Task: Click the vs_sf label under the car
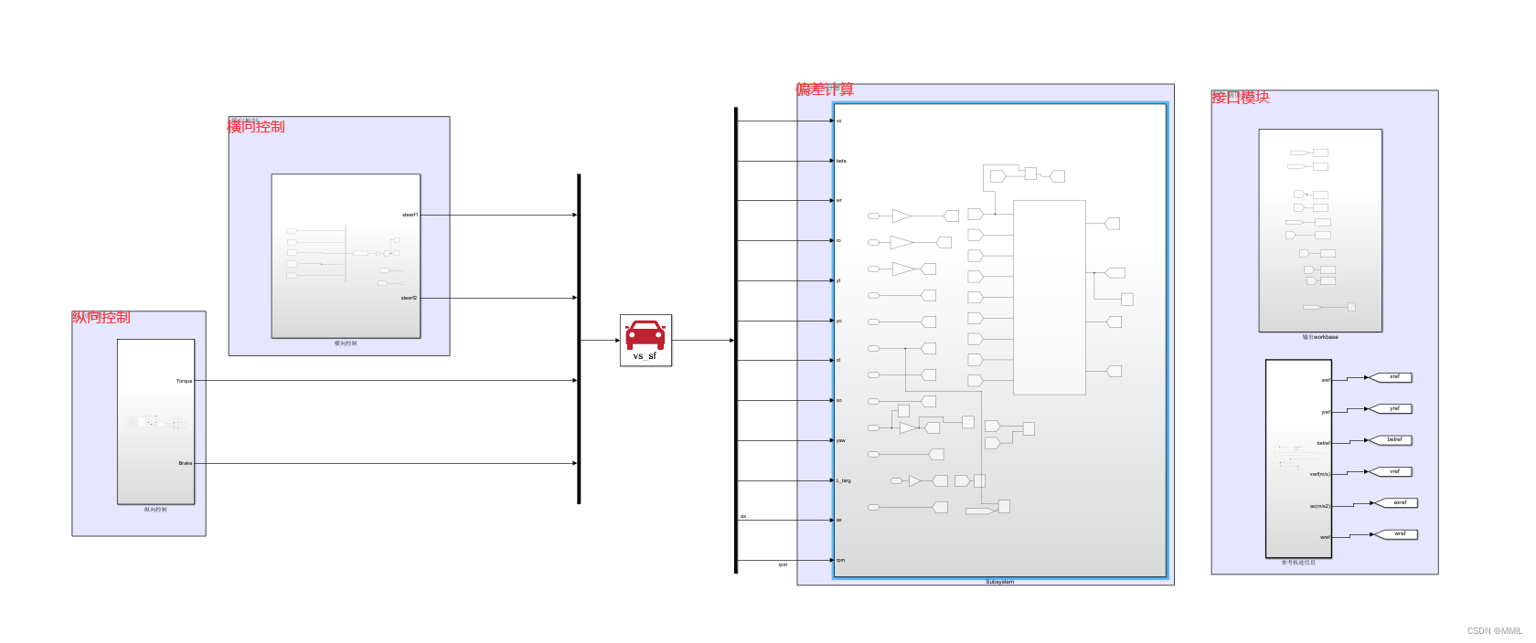[x=645, y=356]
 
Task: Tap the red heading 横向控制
[x=256, y=127]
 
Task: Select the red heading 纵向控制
[x=101, y=318]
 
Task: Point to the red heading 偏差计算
[x=825, y=90]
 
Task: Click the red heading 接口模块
[x=1241, y=98]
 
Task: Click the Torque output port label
[x=184, y=381]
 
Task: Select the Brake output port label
[x=185, y=463]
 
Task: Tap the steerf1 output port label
[x=410, y=215]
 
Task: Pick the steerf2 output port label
[x=409, y=298]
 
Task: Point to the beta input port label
[x=841, y=161]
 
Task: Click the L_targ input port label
[x=843, y=480]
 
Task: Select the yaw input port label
[x=841, y=440]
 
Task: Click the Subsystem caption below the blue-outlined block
[x=999, y=582]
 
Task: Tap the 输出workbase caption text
[x=1320, y=337]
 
